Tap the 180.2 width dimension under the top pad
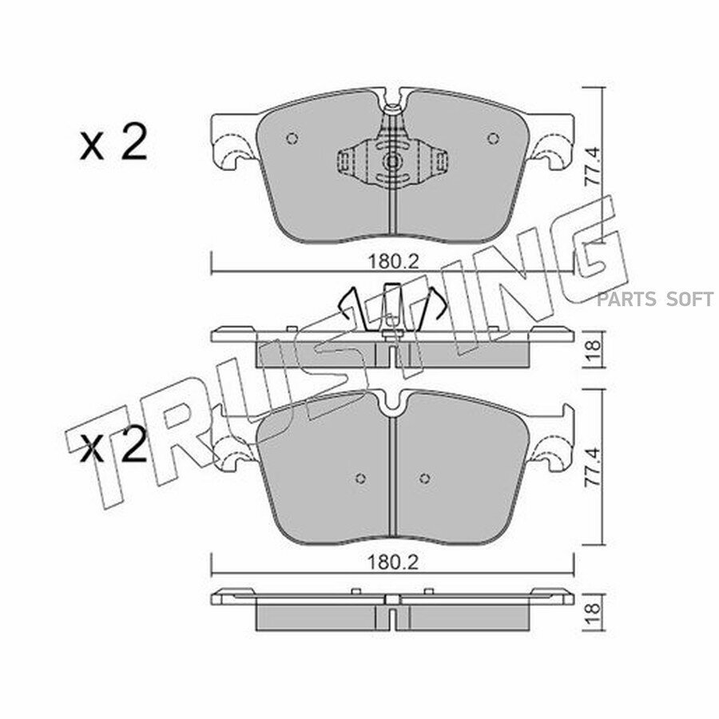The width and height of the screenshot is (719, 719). coord(393,262)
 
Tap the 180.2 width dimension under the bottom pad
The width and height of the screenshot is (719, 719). coord(393,562)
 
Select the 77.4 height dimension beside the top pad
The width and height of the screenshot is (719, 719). coord(593,165)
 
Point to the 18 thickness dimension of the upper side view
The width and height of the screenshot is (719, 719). coord(593,344)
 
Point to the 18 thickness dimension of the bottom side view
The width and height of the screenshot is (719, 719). coord(593,608)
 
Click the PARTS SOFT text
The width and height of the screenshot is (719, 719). coord(655,299)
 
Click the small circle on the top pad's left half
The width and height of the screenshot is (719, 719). coord(292,137)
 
